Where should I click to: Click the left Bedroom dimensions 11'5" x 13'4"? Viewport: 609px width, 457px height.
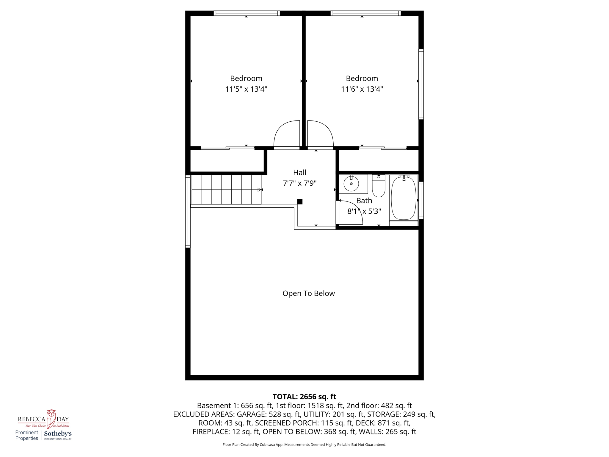coord(246,89)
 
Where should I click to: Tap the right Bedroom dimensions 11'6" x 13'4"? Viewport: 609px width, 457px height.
coord(362,89)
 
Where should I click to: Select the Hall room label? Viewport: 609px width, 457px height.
coord(299,173)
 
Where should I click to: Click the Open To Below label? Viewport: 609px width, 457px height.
coord(308,293)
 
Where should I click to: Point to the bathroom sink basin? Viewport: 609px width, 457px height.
coord(351,184)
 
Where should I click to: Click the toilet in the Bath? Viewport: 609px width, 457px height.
coord(379,187)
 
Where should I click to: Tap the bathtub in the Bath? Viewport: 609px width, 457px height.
coord(404,198)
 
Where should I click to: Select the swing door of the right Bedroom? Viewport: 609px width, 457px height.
coord(320,134)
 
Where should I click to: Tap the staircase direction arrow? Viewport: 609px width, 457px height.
coord(260,190)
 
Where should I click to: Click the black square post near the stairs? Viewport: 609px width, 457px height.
coord(300,202)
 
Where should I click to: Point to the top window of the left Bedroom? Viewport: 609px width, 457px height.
coord(247,13)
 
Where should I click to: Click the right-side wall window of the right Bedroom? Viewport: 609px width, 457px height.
coord(421,84)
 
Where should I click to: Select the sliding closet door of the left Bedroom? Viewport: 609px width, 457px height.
coord(227,148)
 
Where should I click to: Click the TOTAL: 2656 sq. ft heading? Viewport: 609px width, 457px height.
coord(304,397)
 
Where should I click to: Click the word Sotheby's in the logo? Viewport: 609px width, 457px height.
coord(58,434)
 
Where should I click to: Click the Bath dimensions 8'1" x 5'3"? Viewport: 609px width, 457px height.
coord(364,211)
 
